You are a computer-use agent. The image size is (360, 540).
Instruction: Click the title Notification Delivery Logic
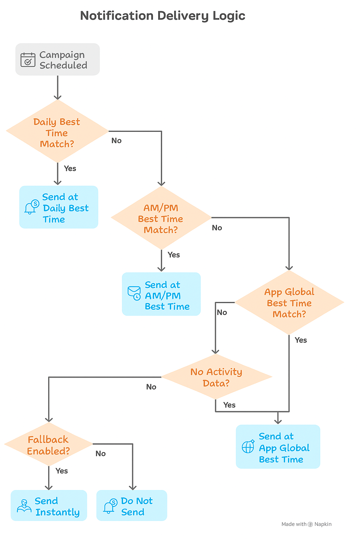(162, 16)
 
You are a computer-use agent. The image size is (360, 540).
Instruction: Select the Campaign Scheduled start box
(58, 59)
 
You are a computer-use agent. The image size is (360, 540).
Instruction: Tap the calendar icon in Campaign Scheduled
(28, 60)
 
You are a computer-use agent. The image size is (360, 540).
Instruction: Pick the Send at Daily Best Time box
(59, 207)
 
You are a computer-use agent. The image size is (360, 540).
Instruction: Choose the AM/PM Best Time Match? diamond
(161, 218)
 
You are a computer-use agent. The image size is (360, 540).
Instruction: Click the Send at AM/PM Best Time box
(161, 294)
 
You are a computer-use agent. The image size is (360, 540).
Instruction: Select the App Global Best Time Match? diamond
(289, 302)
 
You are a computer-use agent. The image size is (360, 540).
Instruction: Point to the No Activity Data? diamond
(216, 377)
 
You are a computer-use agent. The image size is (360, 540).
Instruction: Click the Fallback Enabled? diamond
(49, 445)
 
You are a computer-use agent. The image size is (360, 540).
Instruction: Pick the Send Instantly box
(49, 506)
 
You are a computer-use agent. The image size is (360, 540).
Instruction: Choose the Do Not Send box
(132, 506)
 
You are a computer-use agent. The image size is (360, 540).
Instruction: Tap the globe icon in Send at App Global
(248, 446)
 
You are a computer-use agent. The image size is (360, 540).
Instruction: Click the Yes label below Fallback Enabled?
(62, 471)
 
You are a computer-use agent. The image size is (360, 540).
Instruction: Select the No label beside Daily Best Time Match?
(116, 141)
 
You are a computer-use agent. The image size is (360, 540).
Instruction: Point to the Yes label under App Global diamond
(301, 340)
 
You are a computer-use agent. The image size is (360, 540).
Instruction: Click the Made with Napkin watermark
(306, 524)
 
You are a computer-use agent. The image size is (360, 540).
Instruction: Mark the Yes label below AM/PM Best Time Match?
(174, 255)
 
